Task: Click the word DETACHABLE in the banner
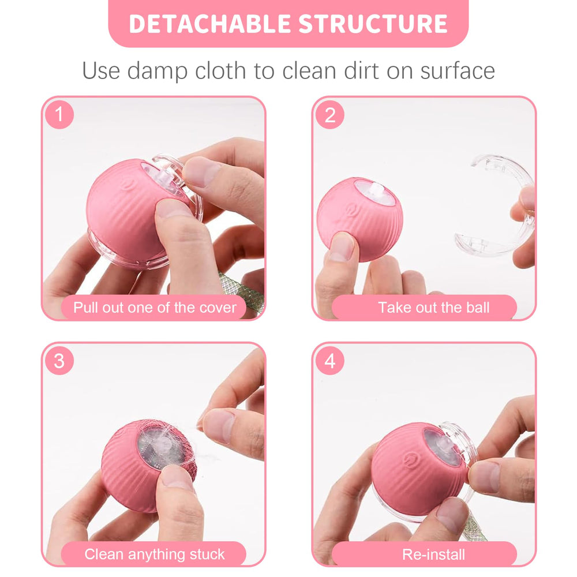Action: [210, 24]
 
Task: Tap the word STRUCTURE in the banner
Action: [373, 24]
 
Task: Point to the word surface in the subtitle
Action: [458, 70]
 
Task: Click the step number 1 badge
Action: [59, 114]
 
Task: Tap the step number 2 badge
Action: [329, 114]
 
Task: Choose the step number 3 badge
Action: [59, 361]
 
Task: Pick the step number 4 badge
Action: [329, 361]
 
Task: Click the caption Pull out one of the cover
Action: [155, 308]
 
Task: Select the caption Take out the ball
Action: [434, 308]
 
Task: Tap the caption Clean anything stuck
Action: [155, 554]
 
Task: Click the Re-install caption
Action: [433, 554]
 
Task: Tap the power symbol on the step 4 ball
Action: [409, 459]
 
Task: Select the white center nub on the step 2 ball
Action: [377, 189]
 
